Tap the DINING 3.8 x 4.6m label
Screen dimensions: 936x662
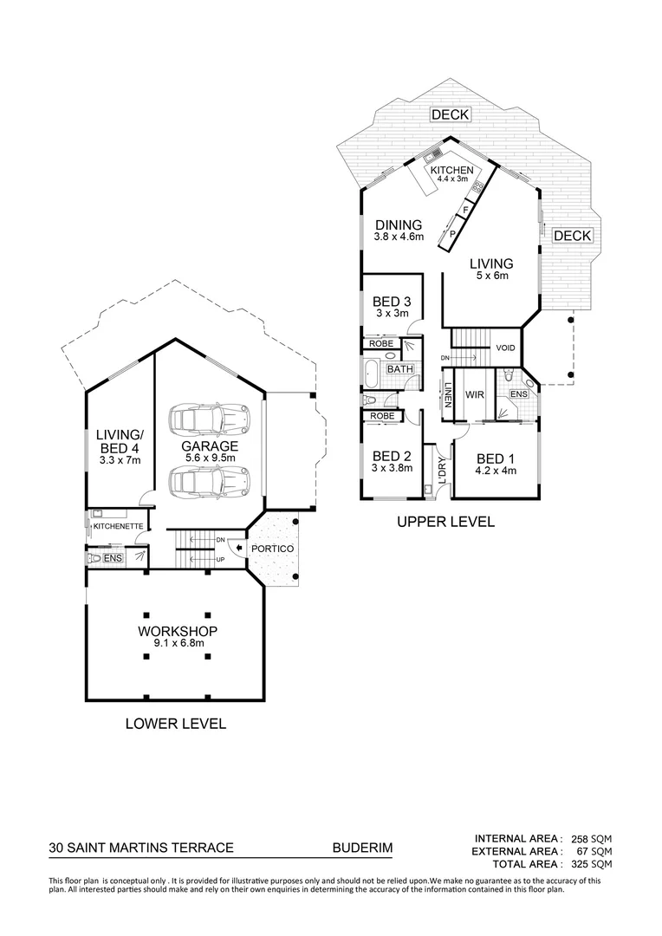click(x=399, y=230)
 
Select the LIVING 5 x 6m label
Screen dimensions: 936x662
click(x=491, y=269)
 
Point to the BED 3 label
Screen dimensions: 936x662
click(x=392, y=307)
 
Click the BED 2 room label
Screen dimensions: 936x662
click(x=392, y=462)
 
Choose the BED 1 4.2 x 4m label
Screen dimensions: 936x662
click(x=495, y=465)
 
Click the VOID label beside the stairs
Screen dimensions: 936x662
click(x=505, y=348)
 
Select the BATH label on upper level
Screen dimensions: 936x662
click(x=399, y=369)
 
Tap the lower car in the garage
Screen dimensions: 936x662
click(x=210, y=480)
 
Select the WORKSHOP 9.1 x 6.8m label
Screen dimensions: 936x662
click(x=176, y=636)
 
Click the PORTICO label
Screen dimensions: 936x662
click(x=273, y=549)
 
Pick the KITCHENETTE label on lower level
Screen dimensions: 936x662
click(x=118, y=526)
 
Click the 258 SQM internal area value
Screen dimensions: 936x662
click(x=592, y=839)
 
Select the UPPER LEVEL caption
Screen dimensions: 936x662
click(x=445, y=522)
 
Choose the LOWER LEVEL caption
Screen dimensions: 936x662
click(x=176, y=723)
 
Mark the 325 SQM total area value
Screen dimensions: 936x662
click(x=592, y=864)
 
